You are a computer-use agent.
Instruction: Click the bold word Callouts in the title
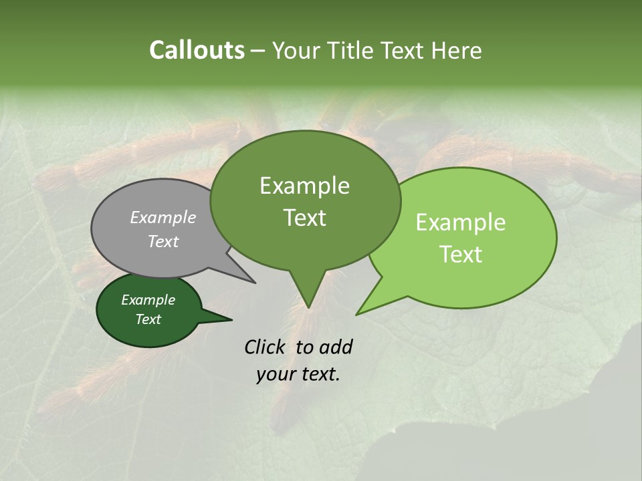click(x=197, y=50)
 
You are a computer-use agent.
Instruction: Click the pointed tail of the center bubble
click(x=308, y=301)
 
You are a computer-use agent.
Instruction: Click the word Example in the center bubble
click(x=304, y=186)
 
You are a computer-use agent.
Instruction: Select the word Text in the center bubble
click(x=304, y=218)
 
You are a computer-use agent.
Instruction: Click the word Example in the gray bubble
click(x=163, y=217)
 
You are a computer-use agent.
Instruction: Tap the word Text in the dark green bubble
click(x=148, y=319)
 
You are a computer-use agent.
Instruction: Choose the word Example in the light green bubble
click(x=461, y=222)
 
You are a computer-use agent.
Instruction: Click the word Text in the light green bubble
click(x=461, y=255)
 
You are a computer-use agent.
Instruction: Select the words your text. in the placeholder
click(x=298, y=374)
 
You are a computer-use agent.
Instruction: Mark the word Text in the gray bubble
click(x=163, y=241)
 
